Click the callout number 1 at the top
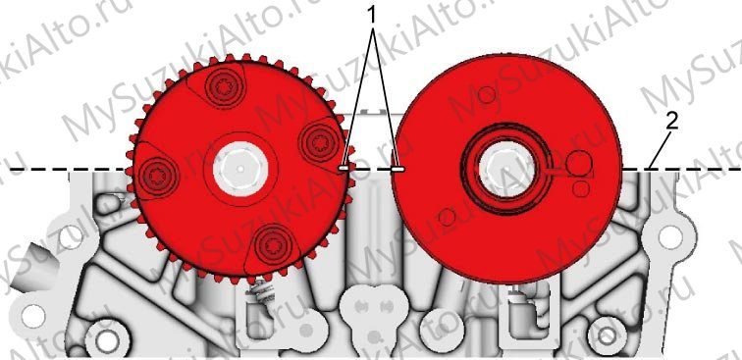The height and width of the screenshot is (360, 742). coord(373,15)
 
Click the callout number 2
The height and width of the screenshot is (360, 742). coord(672,122)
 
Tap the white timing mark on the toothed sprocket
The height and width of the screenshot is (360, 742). coord(344,168)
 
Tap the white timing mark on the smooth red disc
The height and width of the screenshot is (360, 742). coord(397,169)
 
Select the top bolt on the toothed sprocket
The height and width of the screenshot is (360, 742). coord(225,86)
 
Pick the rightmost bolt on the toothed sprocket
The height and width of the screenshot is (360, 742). coord(321,142)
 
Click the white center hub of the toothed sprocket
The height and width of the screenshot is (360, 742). coord(240,169)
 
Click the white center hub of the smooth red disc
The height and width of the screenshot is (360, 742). coord(506,170)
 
